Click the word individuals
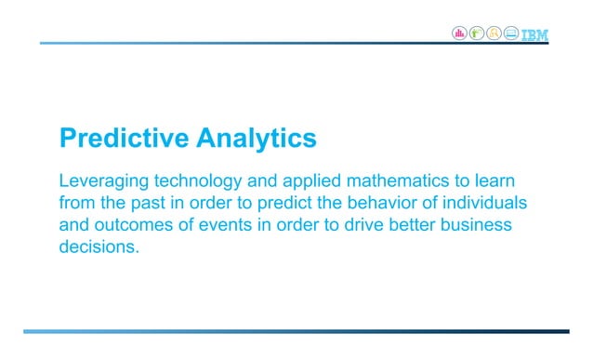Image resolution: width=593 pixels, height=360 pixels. tap(494, 203)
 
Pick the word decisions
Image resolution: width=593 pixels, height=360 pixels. tap(99, 249)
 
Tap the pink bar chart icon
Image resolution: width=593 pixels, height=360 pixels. tap(459, 33)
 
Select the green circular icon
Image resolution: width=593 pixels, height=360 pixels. tap(477, 33)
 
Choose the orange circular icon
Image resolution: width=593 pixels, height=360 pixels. tap(494, 33)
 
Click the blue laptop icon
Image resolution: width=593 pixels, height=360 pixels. tap(511, 33)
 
